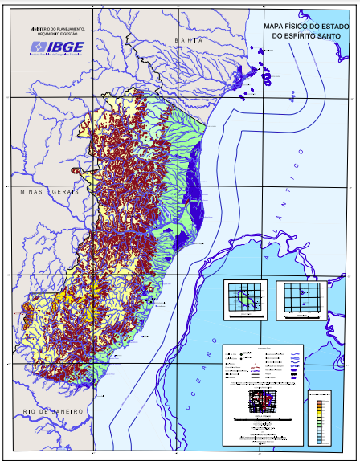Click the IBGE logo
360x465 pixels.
coord(62,47)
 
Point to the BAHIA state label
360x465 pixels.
coord(189,39)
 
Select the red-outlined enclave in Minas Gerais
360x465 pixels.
coord(77,170)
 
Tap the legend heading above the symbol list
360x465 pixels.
coord(263,348)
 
